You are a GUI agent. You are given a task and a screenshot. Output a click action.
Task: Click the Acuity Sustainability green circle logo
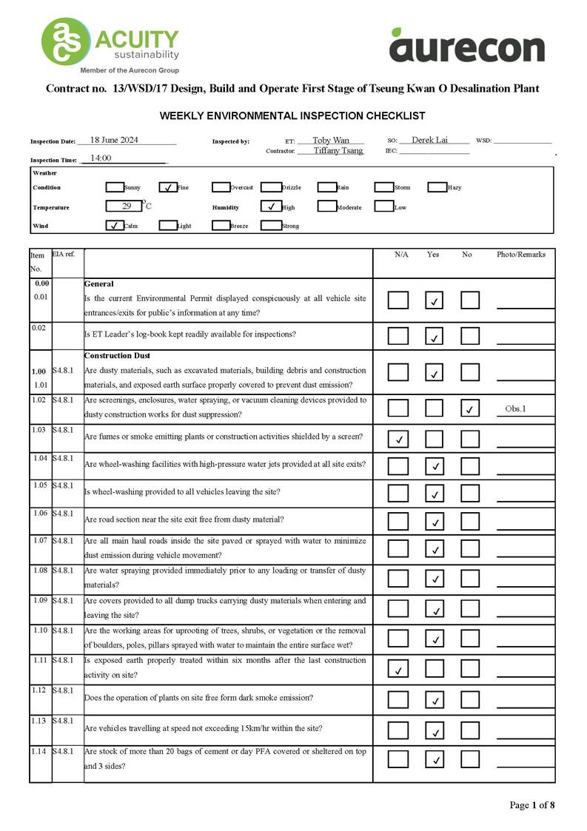click(x=65, y=41)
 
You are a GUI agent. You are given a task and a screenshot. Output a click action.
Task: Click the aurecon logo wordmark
click(x=466, y=47)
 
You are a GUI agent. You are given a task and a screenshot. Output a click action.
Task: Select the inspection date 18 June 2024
click(x=114, y=140)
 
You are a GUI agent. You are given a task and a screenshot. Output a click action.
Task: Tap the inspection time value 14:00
click(x=101, y=158)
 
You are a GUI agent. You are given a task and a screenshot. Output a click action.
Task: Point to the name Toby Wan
click(x=330, y=140)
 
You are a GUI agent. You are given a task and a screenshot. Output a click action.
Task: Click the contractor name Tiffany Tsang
click(x=338, y=150)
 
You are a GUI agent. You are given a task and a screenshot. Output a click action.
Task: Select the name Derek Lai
click(x=429, y=140)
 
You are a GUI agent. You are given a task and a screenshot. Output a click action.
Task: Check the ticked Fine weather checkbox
click(x=168, y=187)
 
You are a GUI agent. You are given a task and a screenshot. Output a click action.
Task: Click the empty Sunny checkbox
click(x=115, y=187)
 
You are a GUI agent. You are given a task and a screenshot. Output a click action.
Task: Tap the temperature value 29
click(x=127, y=206)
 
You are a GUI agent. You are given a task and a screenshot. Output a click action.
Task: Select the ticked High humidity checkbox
click(x=270, y=206)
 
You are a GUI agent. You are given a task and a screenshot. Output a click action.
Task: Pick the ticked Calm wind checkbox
click(x=115, y=225)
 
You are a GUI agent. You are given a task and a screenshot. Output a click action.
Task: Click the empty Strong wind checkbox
click(x=270, y=225)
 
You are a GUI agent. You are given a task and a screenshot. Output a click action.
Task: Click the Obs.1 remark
click(x=515, y=408)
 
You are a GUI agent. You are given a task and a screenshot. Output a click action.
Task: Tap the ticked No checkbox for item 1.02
click(x=469, y=408)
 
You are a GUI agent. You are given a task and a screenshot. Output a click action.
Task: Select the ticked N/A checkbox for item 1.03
click(x=398, y=439)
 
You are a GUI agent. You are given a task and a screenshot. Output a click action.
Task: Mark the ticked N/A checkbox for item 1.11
click(x=398, y=670)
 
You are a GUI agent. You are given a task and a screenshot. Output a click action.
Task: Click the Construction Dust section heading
click(x=118, y=356)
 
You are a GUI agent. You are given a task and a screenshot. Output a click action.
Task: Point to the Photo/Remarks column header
click(x=520, y=255)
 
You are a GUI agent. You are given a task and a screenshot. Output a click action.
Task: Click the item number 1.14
click(x=39, y=752)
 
